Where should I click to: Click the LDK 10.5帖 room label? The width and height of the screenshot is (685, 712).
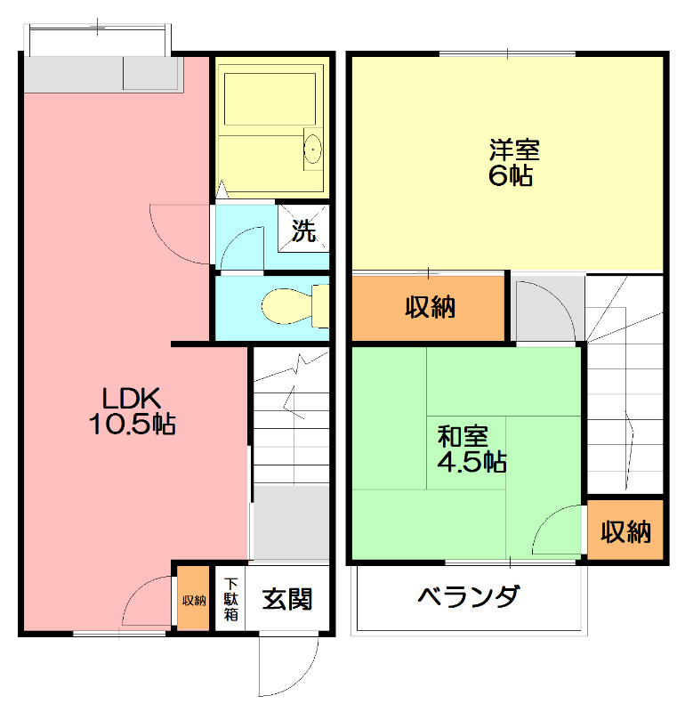131,410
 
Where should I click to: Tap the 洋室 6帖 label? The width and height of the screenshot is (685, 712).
512,162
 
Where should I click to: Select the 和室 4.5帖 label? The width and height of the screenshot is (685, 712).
471,449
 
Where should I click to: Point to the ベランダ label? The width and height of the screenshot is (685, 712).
469,596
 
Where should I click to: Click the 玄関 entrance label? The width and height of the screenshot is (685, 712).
286,600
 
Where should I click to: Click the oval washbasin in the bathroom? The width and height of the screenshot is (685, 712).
312,150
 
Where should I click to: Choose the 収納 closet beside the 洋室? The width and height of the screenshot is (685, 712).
430,308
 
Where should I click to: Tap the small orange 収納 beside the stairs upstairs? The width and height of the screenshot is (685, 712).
625,531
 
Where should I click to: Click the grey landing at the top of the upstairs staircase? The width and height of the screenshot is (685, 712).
547,309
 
